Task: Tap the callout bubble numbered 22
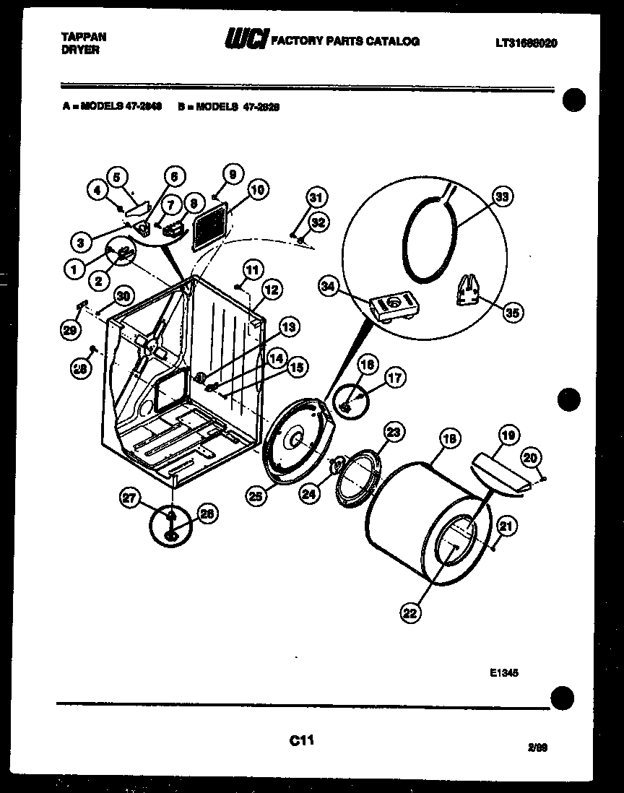[410, 613]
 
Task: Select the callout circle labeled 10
[257, 191]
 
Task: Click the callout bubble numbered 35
[513, 312]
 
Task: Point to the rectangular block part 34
[391, 305]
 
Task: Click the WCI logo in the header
[246, 42]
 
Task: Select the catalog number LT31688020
[526, 43]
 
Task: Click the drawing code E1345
[504, 672]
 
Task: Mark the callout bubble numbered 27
[129, 497]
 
